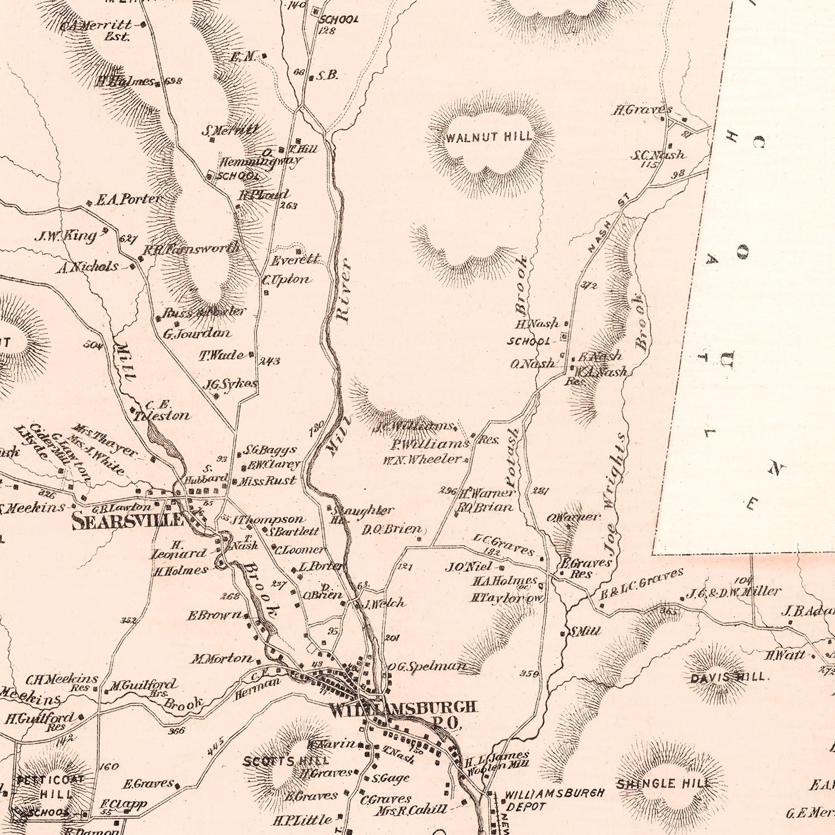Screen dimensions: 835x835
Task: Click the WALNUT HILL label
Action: click(489, 137)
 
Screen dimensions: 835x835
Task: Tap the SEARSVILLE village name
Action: click(127, 521)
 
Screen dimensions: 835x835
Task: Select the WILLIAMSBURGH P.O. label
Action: click(404, 713)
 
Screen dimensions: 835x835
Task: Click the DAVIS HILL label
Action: click(728, 677)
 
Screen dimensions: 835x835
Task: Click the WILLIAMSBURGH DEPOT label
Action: click(553, 798)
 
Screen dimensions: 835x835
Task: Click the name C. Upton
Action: click(287, 279)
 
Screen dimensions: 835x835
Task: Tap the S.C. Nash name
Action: click(658, 155)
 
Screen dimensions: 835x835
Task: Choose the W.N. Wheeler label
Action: click(422, 459)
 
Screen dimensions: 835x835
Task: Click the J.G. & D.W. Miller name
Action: click(733, 592)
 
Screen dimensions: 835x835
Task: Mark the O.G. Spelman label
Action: click(426, 666)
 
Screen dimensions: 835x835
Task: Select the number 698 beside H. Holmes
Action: click(174, 81)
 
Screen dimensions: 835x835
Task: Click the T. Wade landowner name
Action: click(222, 355)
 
